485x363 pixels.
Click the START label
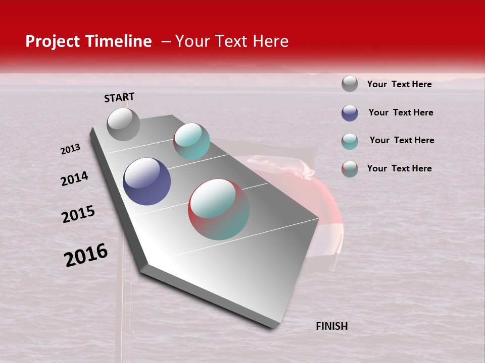pos(119,97)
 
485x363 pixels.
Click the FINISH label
pos(331,326)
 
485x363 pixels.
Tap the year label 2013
pos(70,149)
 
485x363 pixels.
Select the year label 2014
pos(74,179)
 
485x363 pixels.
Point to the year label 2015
pos(78,214)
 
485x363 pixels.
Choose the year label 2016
pos(86,255)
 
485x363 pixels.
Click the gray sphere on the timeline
pos(123,124)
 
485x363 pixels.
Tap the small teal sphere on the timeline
pos(191,141)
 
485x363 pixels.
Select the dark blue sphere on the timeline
pos(147,181)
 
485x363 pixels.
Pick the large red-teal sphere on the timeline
pos(219,209)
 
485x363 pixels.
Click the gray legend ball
pos(350,84)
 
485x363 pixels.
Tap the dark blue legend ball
pos(350,113)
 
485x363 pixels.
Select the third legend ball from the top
pos(350,141)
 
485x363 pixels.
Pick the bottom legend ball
pos(350,169)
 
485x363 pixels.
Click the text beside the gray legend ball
pos(399,84)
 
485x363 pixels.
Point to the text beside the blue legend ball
pos(401,112)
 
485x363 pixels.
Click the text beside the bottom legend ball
pos(399,168)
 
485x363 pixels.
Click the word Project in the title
pos(53,41)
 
